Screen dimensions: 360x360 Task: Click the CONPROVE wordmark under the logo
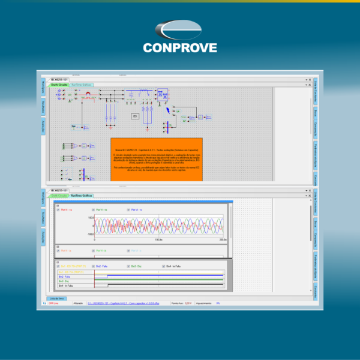[180, 47]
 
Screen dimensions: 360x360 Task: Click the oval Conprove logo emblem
[180, 31]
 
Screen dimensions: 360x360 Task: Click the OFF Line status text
[55, 304]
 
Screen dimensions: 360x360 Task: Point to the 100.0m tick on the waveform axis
[158, 239]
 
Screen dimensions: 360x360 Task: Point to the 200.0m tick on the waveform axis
[223, 239]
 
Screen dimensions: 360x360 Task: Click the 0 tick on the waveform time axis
[95, 239]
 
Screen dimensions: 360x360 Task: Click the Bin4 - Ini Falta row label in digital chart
[67, 285]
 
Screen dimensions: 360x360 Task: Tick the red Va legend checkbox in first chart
[59, 209]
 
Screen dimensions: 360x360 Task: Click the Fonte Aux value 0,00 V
[188, 304]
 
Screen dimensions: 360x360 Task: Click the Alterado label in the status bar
[77, 304]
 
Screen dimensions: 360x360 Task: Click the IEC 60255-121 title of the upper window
[56, 80]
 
